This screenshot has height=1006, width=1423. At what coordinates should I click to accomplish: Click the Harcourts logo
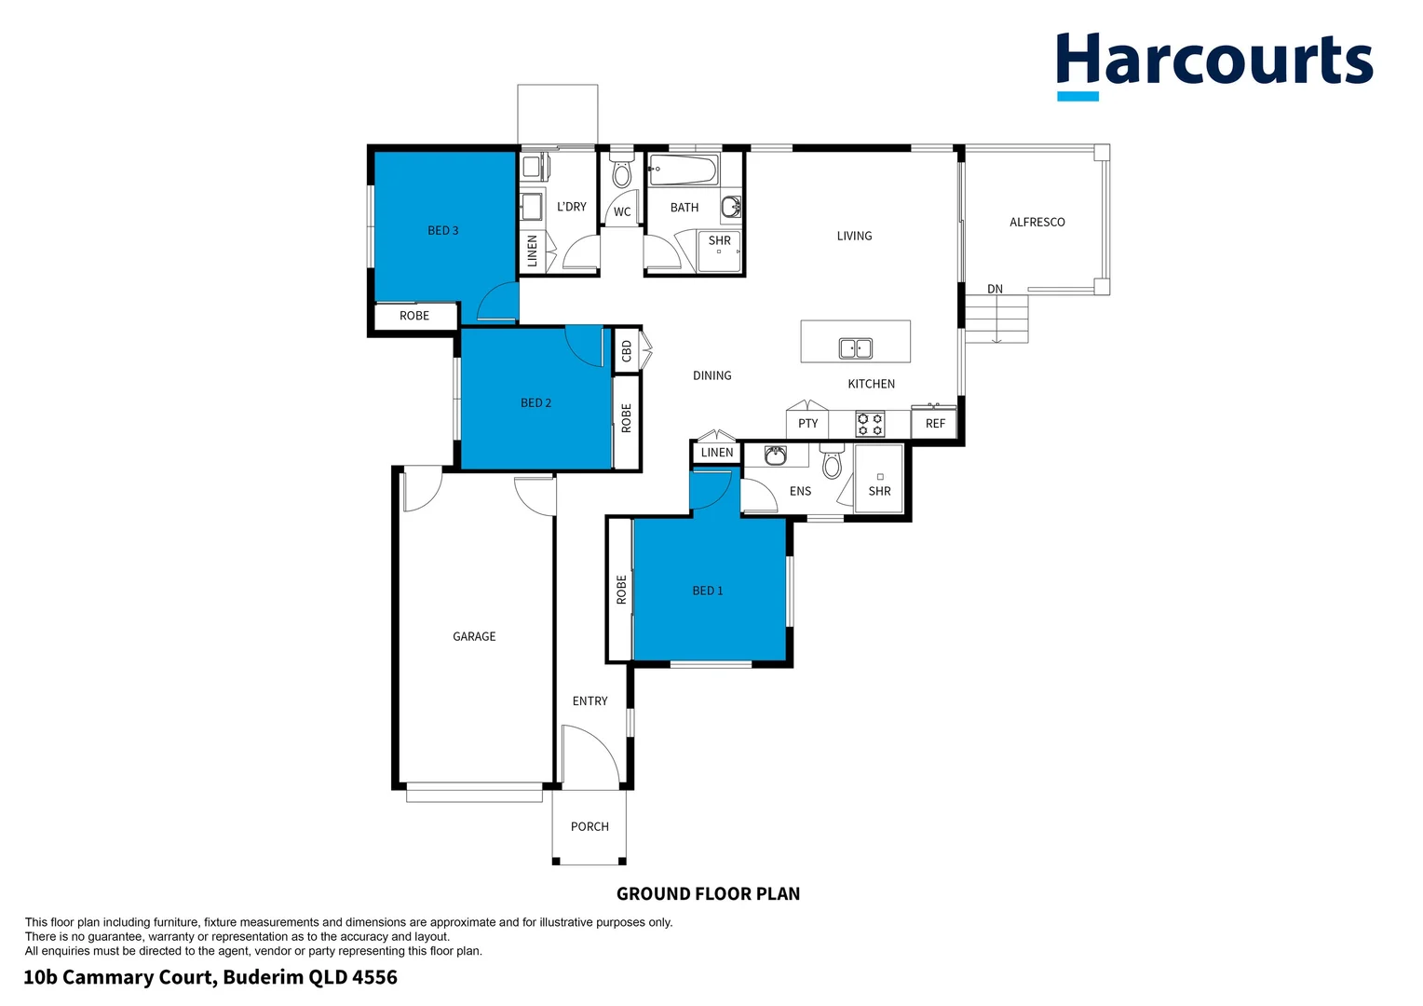pos(1213,63)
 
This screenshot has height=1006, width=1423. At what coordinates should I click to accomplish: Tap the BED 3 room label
pos(442,230)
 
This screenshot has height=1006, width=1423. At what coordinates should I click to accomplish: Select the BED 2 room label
pos(535,402)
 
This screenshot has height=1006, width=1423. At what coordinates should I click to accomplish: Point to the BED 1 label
pos(707,591)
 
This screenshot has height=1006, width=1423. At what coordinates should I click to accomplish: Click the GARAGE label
pos(474,636)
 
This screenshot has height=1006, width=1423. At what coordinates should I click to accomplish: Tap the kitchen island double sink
pos(855,348)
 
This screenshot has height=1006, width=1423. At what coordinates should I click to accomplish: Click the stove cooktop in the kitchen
pos(870,425)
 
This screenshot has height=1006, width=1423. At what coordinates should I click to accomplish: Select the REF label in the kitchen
pos(935,424)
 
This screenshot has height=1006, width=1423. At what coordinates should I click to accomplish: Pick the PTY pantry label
pos(807,424)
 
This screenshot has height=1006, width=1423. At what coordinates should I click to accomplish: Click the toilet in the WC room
pos(621,174)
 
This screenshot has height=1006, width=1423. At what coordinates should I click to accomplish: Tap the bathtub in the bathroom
pos(683,170)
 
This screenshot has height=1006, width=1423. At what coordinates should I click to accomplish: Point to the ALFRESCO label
pos(1037,222)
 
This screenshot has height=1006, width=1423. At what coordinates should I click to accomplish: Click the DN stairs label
pos(995,289)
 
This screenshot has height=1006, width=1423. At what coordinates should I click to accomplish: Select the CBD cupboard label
pos(627,351)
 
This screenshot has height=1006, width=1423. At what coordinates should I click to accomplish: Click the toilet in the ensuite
pos(832,462)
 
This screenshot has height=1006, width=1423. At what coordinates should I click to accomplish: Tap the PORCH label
pos(590,826)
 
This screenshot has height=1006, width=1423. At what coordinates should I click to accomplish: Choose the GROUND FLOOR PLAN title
pos(708,894)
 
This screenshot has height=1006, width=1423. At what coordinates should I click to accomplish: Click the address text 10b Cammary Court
pos(210,977)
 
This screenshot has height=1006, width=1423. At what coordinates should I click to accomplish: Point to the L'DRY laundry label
pos(571,207)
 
